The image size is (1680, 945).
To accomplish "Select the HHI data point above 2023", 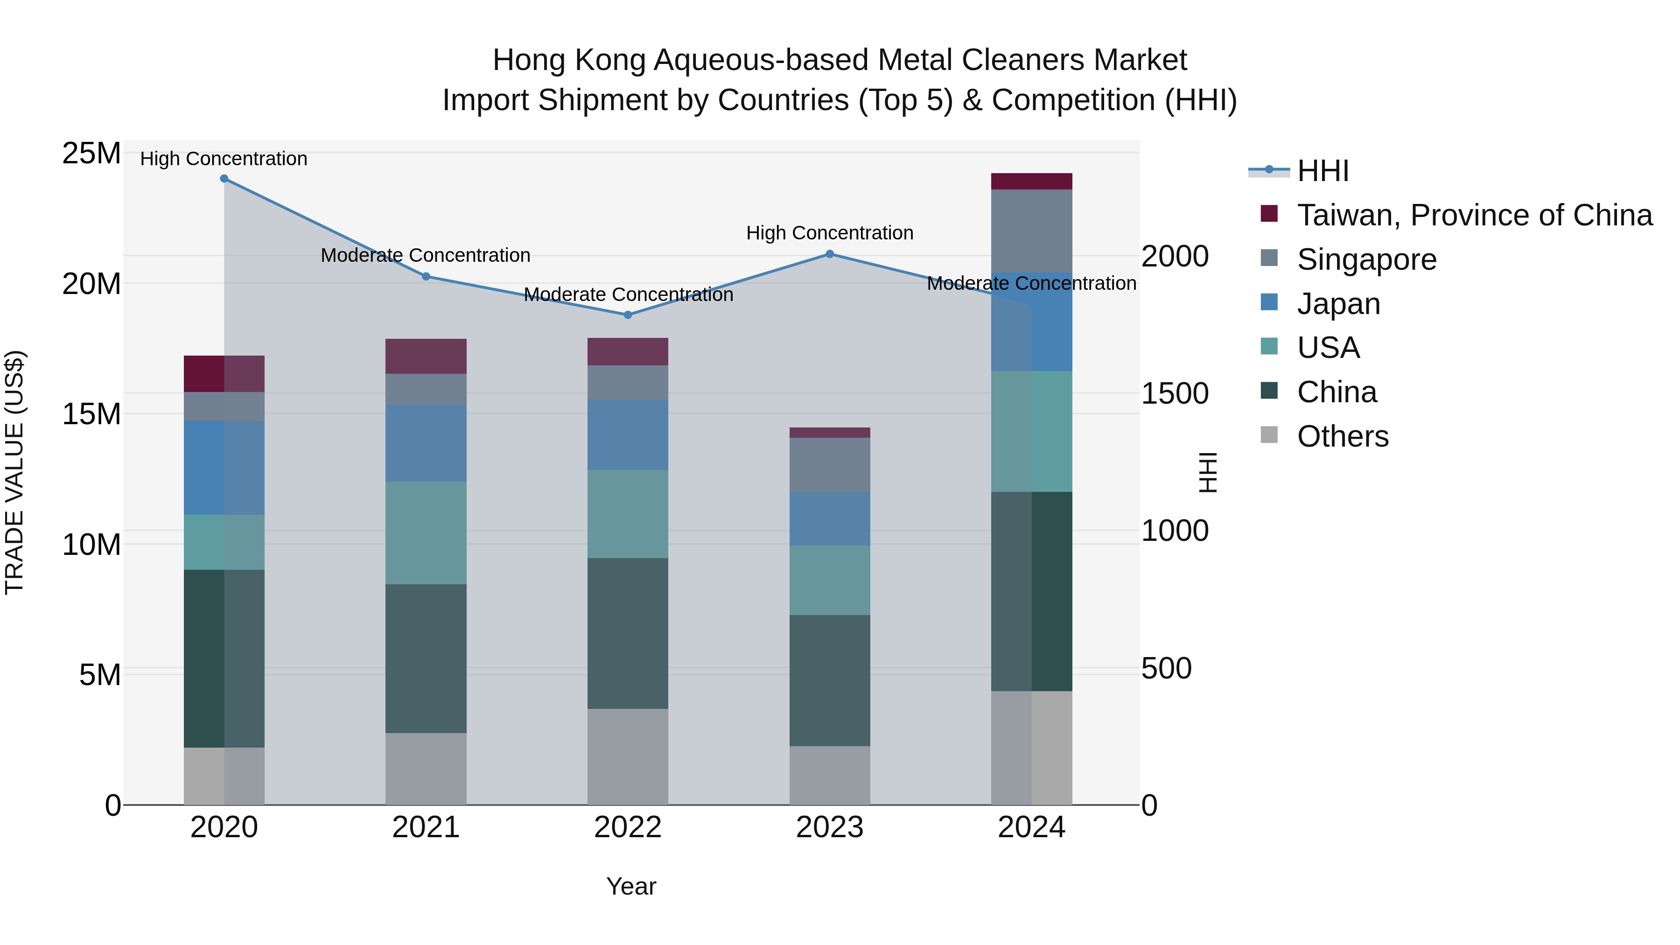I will pyautogui.click(x=830, y=254).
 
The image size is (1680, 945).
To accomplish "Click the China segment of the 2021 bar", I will pyautogui.click(x=426, y=658).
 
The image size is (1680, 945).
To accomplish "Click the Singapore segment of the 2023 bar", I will pyautogui.click(x=830, y=464).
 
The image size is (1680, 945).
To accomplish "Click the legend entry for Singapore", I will pyautogui.click(x=1366, y=259).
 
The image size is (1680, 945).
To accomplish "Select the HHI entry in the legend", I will pyautogui.click(x=1322, y=171).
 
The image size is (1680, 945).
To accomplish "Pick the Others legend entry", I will pyautogui.click(x=1342, y=436).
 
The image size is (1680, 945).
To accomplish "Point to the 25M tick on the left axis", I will pyautogui.click(x=91, y=154).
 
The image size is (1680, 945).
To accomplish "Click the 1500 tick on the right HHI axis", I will pyautogui.click(x=1175, y=393).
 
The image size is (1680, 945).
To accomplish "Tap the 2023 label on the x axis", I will pyautogui.click(x=830, y=827).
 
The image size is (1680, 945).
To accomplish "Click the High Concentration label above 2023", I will pyautogui.click(x=830, y=233).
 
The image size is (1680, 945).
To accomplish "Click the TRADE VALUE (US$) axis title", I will pyautogui.click(x=14, y=472).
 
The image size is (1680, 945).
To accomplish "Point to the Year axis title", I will pyautogui.click(x=630, y=886).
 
